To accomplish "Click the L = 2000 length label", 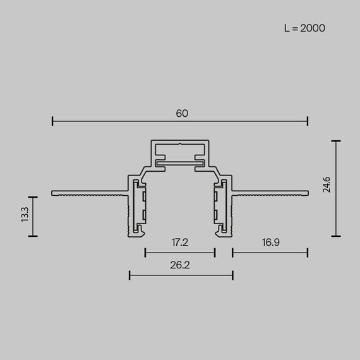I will pyautogui.click(x=304, y=28).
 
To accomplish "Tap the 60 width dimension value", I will pyautogui.click(x=182, y=114).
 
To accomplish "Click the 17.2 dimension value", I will pyautogui.click(x=180, y=242).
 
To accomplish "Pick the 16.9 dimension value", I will pyautogui.click(x=270, y=242).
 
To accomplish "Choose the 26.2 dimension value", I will pyautogui.click(x=180, y=265).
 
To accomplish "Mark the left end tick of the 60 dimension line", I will pyautogui.click(x=52, y=121).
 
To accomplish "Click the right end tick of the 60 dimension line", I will pyautogui.click(x=308, y=121).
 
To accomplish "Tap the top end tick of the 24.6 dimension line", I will pyautogui.click(x=335, y=141).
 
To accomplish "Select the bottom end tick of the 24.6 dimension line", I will pyautogui.click(x=335, y=236).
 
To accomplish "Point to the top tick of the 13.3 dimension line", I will pyautogui.click(x=33, y=198).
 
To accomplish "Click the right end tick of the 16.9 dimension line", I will pyautogui.click(x=308, y=253).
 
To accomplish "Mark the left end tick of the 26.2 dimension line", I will pyautogui.click(x=129, y=275).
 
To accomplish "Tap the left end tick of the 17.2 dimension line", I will pyautogui.click(x=145, y=253).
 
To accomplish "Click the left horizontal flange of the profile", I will pyautogui.click(x=88, y=192).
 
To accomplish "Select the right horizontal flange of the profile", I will pyautogui.click(x=272, y=192).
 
